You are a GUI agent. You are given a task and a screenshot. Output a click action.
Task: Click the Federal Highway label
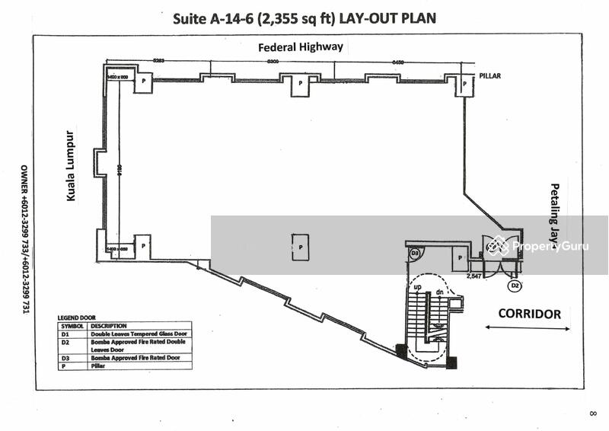(301, 47)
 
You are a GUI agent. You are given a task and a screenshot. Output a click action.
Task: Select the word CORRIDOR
(529, 314)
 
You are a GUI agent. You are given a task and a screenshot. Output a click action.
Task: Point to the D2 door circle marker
(515, 286)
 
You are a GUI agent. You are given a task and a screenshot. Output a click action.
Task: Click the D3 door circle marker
(416, 253)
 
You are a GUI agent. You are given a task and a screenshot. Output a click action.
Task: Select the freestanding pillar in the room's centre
(301, 247)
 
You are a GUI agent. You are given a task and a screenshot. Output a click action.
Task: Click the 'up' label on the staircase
(417, 286)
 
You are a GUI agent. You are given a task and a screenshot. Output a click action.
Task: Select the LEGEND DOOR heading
(78, 317)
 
